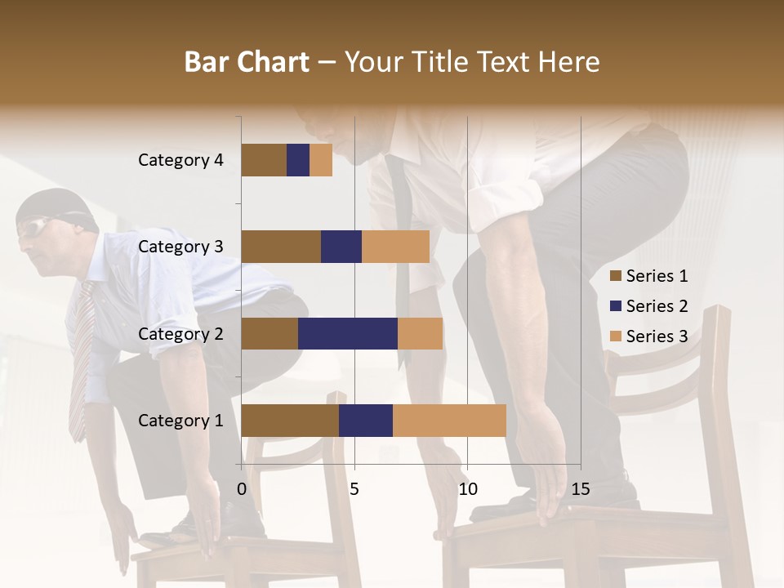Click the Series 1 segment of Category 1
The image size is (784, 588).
(x=290, y=421)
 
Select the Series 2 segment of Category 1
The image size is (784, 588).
(x=366, y=421)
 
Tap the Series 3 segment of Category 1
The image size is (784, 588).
(x=449, y=421)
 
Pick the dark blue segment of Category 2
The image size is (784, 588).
(x=348, y=333)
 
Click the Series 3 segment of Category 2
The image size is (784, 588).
(x=420, y=333)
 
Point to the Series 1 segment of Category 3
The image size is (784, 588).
(x=281, y=247)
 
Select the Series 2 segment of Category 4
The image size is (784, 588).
(x=298, y=160)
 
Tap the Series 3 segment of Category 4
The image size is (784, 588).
(x=321, y=160)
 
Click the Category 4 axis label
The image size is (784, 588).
(x=180, y=160)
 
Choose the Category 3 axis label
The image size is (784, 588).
(x=180, y=247)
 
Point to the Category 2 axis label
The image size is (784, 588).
(x=180, y=333)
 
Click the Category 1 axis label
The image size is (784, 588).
(x=180, y=421)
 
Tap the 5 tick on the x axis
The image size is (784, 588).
(x=354, y=490)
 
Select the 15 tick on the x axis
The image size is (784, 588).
(x=580, y=490)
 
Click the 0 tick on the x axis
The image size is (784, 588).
(x=242, y=490)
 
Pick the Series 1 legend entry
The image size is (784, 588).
(x=648, y=276)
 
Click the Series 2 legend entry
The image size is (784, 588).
(x=648, y=306)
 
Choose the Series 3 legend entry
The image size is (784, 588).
(x=648, y=336)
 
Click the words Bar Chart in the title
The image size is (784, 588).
(x=247, y=62)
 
